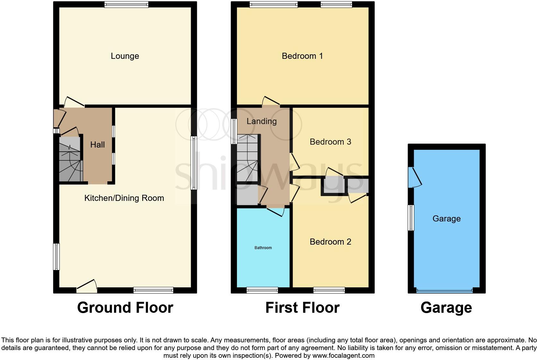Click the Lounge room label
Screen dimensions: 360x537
[125, 56]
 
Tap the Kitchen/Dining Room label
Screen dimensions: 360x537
[124, 198]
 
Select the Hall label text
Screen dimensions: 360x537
[97, 145]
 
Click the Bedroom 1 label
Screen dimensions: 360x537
[302, 56]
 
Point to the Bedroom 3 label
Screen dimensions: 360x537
[330, 142]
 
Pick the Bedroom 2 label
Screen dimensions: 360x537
[330, 242]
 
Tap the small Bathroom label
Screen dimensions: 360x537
[263, 248]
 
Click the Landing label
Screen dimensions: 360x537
[261, 121]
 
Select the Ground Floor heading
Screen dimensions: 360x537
[125, 308]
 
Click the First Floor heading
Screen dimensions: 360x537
[302, 308]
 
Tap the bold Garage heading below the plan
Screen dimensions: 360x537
[446, 308]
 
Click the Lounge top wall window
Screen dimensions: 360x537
[126, 4]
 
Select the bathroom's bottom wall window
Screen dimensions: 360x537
[262, 291]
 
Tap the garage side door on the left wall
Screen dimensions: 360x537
[414, 177]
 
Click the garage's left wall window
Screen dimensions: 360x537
[411, 218]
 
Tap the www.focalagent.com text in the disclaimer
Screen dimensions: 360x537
[343, 355]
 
